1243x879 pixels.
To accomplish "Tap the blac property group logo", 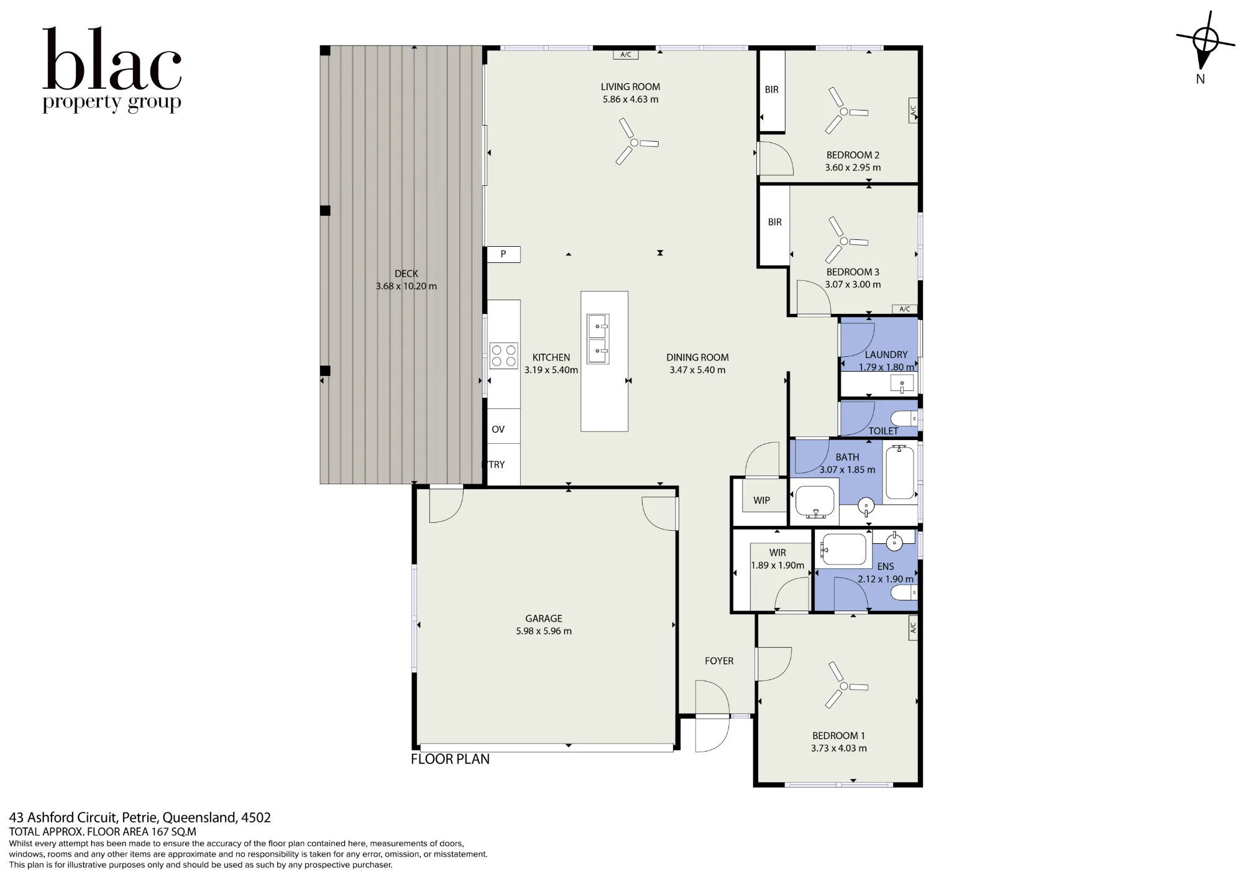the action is pos(112,70).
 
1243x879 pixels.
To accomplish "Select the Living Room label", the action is pos(630,87).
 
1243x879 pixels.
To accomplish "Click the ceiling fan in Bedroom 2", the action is pos(843,111).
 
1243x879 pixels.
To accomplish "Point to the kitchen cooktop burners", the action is pos(503,356).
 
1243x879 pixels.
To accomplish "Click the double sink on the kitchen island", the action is pos(599,339).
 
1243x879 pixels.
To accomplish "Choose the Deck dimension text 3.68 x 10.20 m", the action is pos(406,287).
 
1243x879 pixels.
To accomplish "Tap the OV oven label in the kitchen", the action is pos(498,430).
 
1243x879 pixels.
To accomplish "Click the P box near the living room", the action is pos(503,254).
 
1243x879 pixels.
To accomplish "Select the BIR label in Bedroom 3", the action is pos(774,222).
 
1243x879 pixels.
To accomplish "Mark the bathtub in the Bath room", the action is pos(899,473).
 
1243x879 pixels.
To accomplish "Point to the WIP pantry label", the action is pos(761,500).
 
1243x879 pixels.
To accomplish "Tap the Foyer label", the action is pos(719,661).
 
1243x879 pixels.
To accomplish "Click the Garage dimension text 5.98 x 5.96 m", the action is pos(544,631).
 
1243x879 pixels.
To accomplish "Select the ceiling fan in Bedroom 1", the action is pos(843,686).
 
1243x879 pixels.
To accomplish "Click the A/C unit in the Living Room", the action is pos(626,55).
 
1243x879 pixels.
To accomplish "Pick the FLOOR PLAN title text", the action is pos(450,759).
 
